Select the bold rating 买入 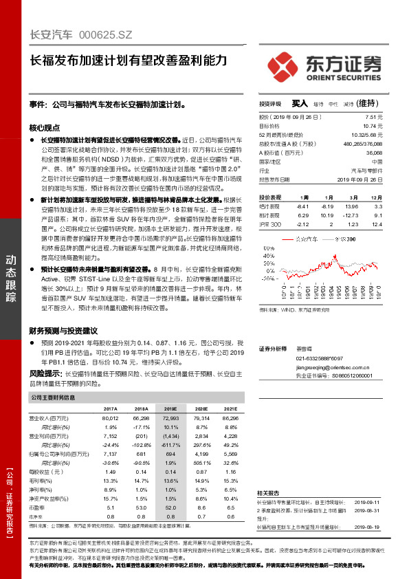point(300,103)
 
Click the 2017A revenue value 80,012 point(110,418)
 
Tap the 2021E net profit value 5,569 point(231,454)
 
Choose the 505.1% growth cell point(202,463)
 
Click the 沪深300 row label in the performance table point(271,224)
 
